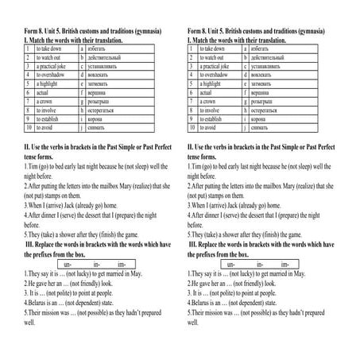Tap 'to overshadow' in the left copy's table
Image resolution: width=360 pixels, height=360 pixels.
(52, 76)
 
